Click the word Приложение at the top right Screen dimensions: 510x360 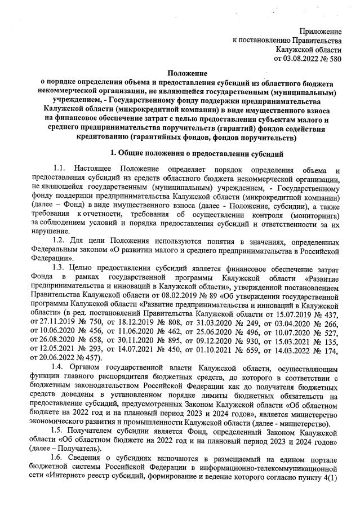(320, 30)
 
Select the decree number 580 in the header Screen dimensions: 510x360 (335, 57)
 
